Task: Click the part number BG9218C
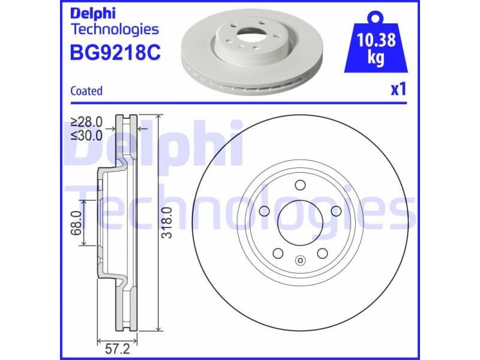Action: [116, 53]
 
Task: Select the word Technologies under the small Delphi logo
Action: [115, 29]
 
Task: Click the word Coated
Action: [86, 91]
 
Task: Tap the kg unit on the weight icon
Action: [376, 59]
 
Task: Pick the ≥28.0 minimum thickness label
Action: [87, 122]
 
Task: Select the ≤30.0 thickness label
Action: [87, 135]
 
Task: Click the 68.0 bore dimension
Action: [76, 221]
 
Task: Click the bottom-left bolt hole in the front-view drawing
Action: [278, 253]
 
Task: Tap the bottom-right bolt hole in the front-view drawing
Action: [323, 253]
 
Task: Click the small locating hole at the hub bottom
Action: [301, 261]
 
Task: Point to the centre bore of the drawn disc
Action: [301, 223]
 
